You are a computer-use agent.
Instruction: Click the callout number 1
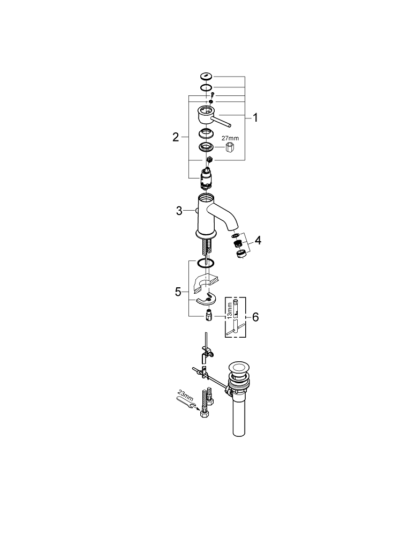[x=255, y=117]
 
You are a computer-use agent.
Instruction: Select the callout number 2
[x=175, y=137]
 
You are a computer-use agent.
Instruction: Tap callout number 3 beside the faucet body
[x=179, y=211]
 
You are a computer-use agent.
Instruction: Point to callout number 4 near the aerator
[x=258, y=241]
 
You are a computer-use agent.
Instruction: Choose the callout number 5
[x=178, y=292]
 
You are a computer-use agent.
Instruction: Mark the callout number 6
[x=255, y=317]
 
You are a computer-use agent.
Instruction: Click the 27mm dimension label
[x=231, y=138]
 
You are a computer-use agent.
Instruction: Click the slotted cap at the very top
[x=207, y=77]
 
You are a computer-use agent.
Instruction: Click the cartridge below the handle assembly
[x=207, y=177]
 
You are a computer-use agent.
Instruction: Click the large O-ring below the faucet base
[x=205, y=263]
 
